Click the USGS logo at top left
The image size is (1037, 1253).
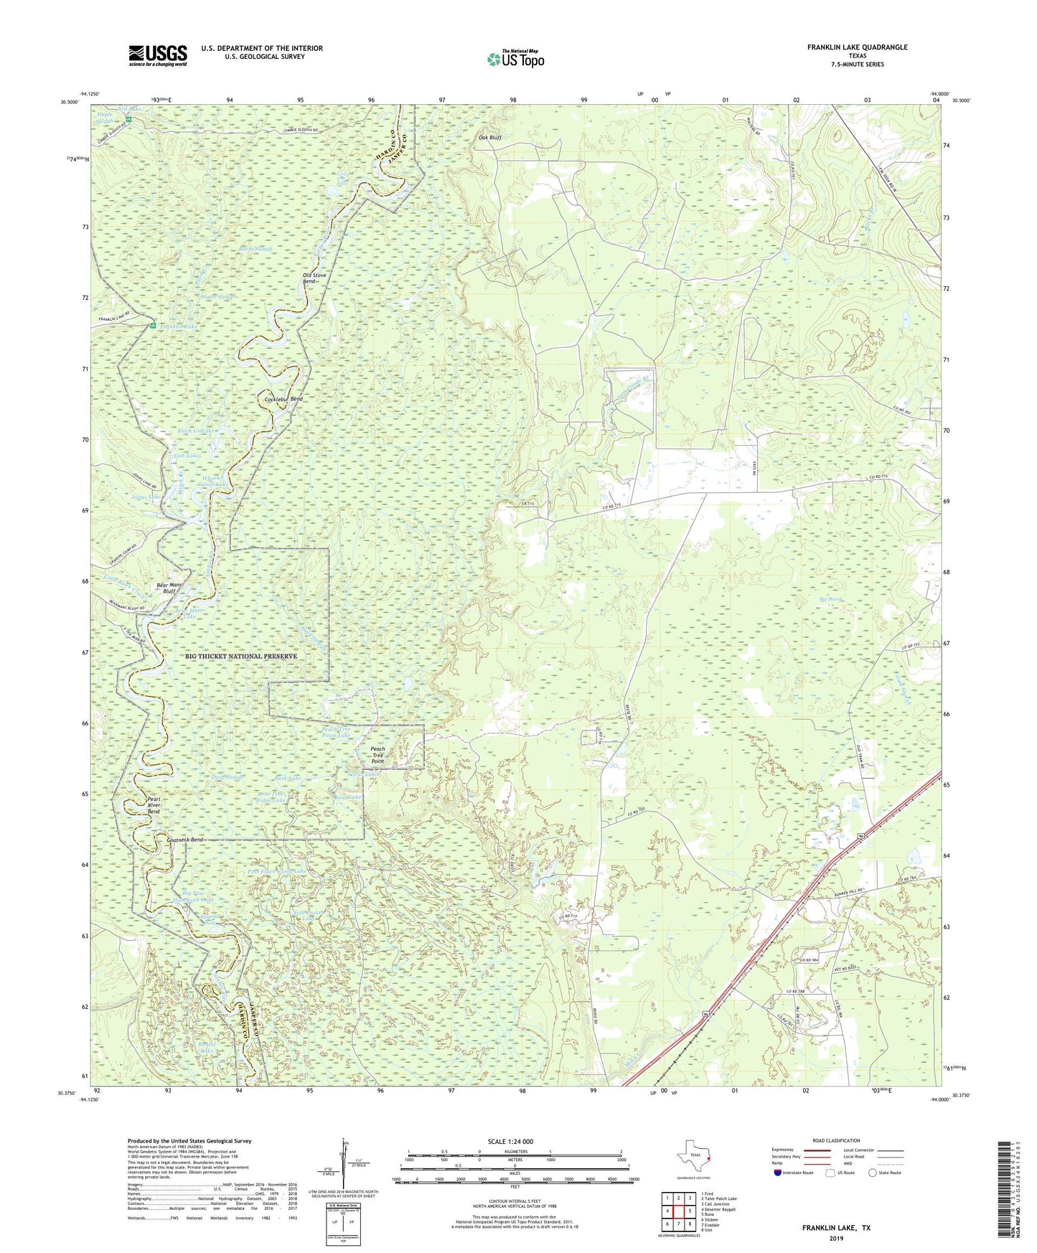tap(158, 55)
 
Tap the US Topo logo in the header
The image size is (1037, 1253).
tap(515, 59)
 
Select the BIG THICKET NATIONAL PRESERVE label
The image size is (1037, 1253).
tap(240, 656)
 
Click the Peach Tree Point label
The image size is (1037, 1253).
tap(377, 755)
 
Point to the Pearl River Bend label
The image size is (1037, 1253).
tap(154, 804)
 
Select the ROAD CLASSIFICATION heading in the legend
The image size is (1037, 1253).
tap(836, 1140)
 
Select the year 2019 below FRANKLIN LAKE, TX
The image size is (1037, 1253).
tap(836, 1238)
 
